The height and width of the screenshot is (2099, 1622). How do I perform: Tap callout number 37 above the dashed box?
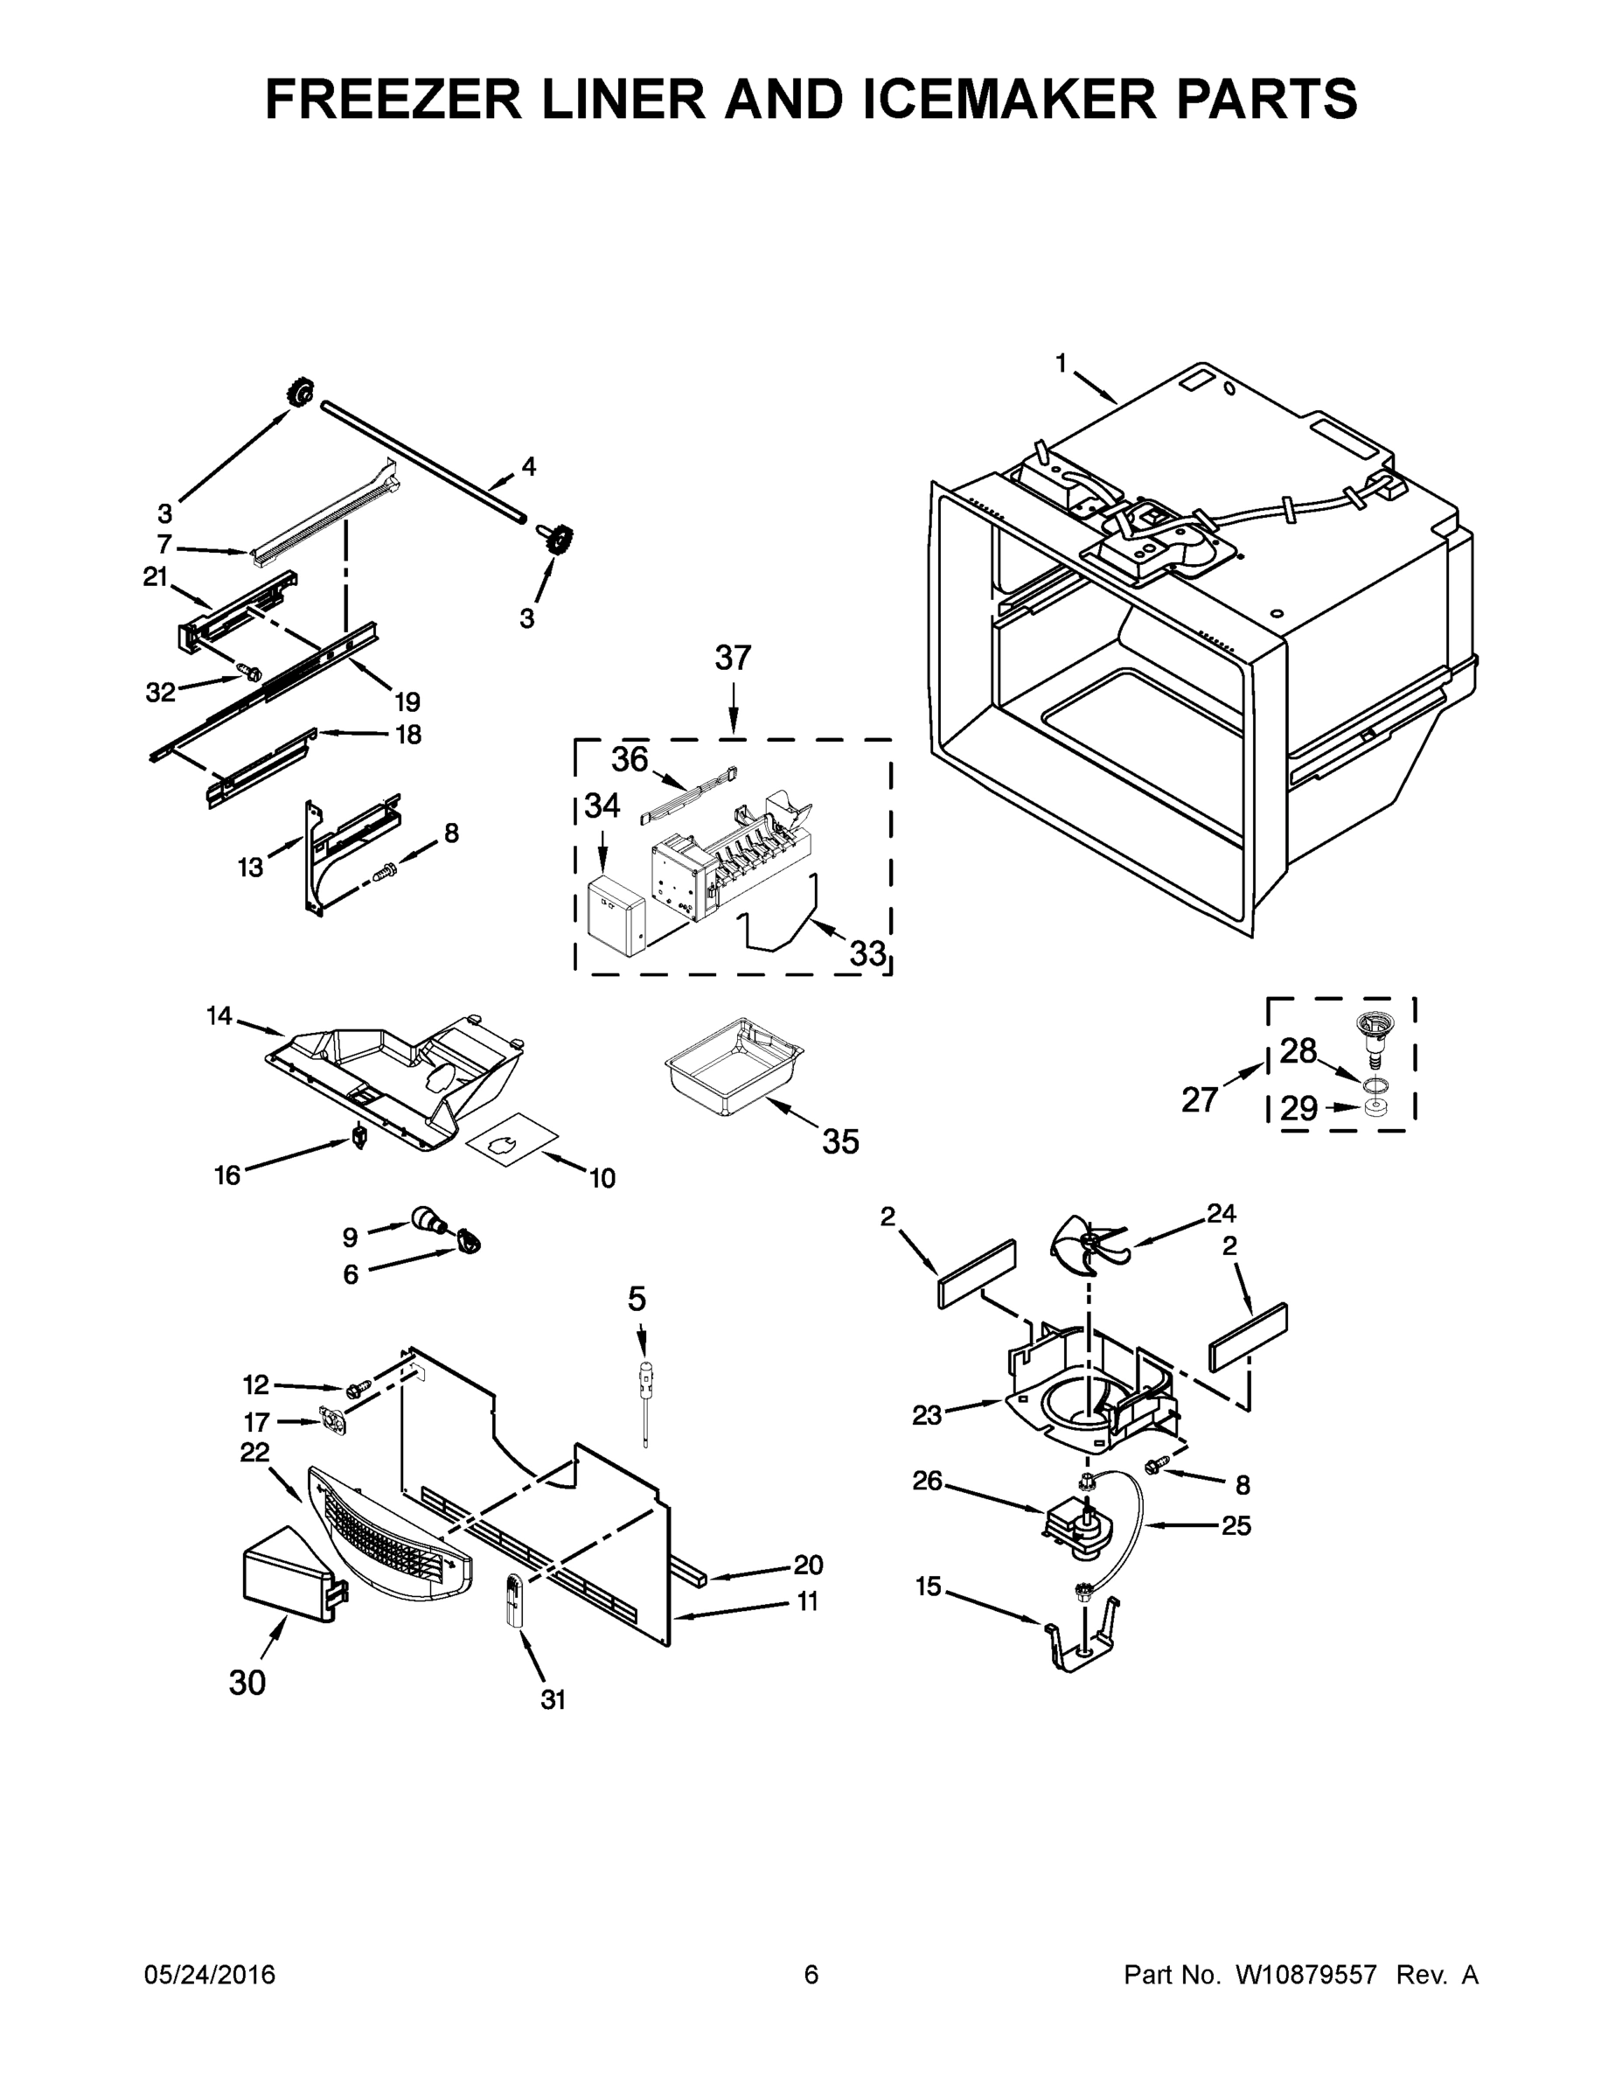[x=732, y=659]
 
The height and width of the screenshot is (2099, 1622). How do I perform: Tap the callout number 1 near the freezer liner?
[x=1061, y=363]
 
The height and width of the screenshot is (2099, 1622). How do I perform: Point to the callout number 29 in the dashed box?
[x=1299, y=1109]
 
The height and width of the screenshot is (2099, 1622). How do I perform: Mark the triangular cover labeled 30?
[x=286, y=1576]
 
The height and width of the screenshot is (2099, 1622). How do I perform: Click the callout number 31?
[x=553, y=1700]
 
